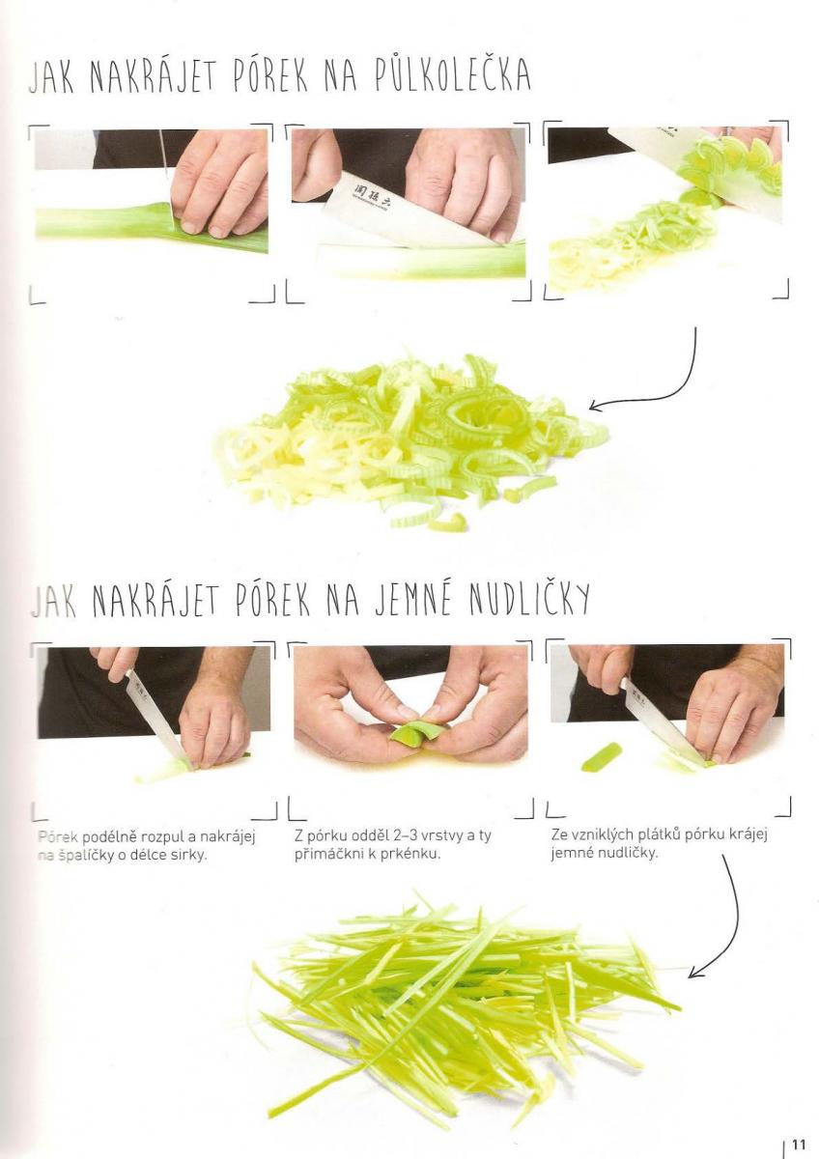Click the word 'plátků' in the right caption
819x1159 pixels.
(644, 835)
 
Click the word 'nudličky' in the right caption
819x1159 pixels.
(628, 854)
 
